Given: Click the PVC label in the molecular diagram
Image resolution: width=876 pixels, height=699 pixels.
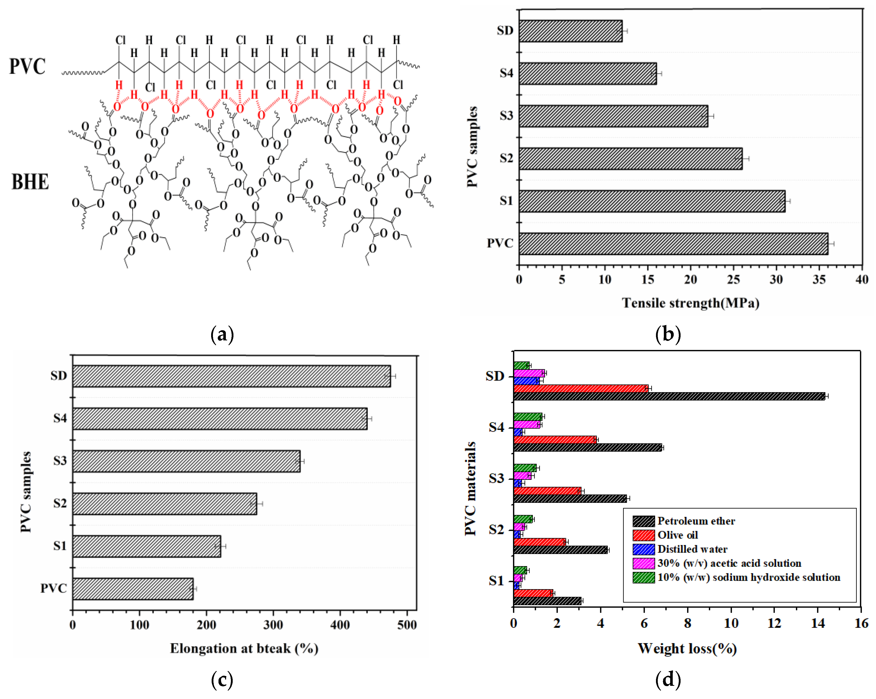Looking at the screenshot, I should click(27, 66).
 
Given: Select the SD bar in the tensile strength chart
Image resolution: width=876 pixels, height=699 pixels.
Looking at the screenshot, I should click(570, 31).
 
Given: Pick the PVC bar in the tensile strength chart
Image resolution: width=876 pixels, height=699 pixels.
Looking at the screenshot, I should click(673, 244).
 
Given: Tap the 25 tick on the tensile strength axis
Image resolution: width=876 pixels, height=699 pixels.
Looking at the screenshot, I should click(733, 279).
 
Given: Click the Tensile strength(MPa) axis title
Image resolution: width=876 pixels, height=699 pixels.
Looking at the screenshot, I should click(690, 303).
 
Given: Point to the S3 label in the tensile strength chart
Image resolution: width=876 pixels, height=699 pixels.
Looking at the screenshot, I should click(506, 116).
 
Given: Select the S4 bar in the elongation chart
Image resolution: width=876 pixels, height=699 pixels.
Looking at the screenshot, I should click(220, 418).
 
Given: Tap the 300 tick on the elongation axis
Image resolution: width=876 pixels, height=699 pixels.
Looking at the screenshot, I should click(273, 625).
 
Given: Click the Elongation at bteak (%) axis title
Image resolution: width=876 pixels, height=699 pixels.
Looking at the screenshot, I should click(244, 648).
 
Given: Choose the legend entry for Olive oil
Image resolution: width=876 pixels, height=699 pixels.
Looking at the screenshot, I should click(677, 535).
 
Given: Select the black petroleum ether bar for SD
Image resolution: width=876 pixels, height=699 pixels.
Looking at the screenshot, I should click(669, 396).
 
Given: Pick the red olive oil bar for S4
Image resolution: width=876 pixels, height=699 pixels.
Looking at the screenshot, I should click(555, 440).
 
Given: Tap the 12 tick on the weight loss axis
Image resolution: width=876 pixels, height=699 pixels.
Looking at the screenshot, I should click(774, 623).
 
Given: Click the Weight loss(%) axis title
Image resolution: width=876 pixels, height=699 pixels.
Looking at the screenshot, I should click(687, 648).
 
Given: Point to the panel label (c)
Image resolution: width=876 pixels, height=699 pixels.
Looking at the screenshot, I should click(222, 680).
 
